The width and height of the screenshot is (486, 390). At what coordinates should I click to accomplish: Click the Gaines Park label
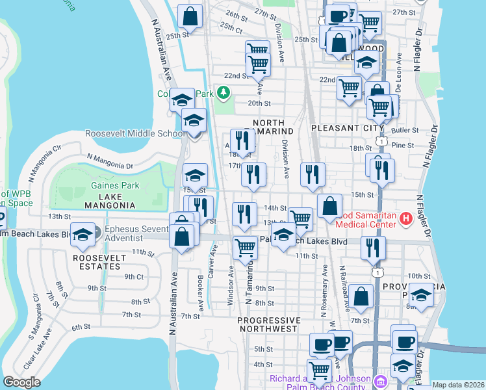[106, 186]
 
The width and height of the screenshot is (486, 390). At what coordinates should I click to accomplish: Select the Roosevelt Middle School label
[135, 134]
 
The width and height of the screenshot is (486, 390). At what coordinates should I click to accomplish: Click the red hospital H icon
[406, 218]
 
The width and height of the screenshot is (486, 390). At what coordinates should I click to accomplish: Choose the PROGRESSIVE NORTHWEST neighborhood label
[269, 326]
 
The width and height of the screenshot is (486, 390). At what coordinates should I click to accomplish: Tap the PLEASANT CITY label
[348, 128]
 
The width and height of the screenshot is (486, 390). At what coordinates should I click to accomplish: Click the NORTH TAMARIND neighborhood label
[269, 127]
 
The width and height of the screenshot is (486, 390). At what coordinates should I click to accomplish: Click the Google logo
[21, 382]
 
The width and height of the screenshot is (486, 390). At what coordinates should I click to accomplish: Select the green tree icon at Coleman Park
[224, 94]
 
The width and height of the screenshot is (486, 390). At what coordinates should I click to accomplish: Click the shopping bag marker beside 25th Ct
[190, 18]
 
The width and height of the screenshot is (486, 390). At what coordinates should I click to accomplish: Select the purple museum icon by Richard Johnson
[380, 379]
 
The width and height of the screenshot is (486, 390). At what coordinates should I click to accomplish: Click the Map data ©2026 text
[458, 385]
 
